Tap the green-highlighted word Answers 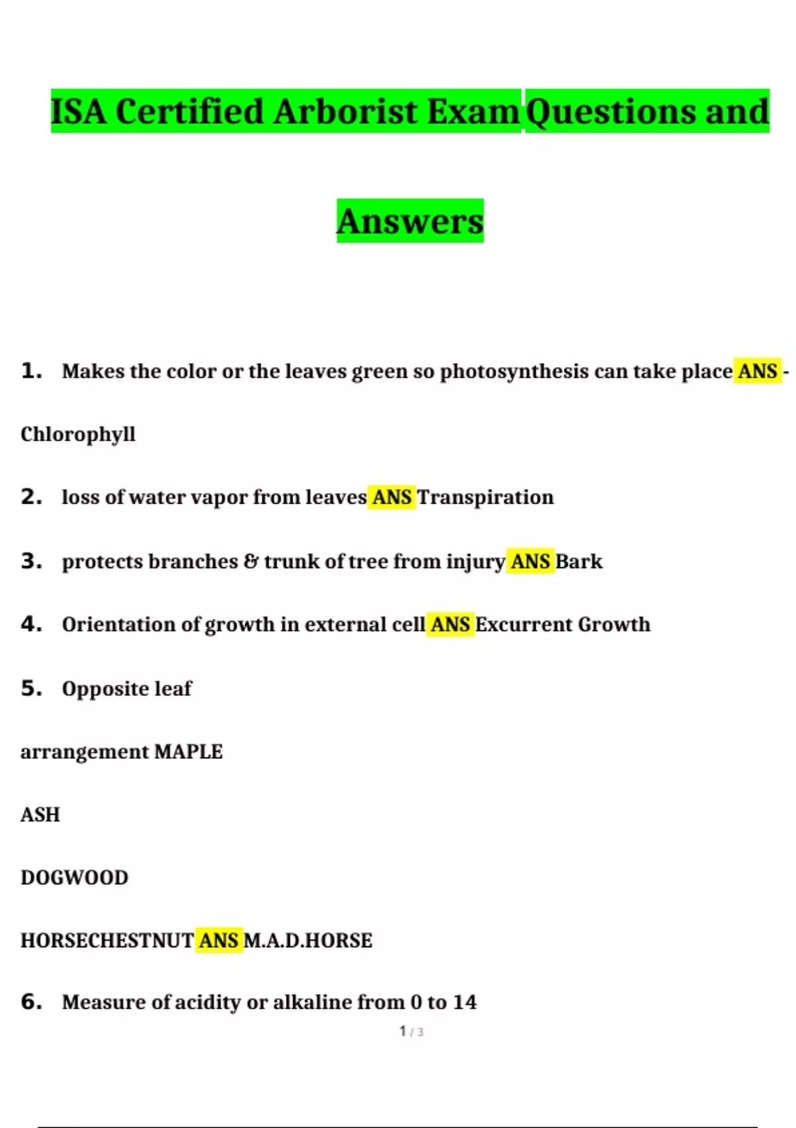tap(410, 221)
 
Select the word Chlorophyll tap(78, 435)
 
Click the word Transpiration tap(485, 497)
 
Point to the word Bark tap(578, 561)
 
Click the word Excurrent tap(523, 624)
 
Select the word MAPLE tap(188, 752)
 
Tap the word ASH tap(40, 815)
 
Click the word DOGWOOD tap(74, 878)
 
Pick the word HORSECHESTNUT tap(107, 941)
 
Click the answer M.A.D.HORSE tap(308, 941)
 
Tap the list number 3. tap(31, 561)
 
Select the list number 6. tap(31, 1002)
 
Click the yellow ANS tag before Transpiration tap(391, 497)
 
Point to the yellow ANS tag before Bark tap(530, 561)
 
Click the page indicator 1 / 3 tap(411, 1032)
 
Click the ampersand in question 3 tap(251, 561)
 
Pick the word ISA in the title tap(78, 111)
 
